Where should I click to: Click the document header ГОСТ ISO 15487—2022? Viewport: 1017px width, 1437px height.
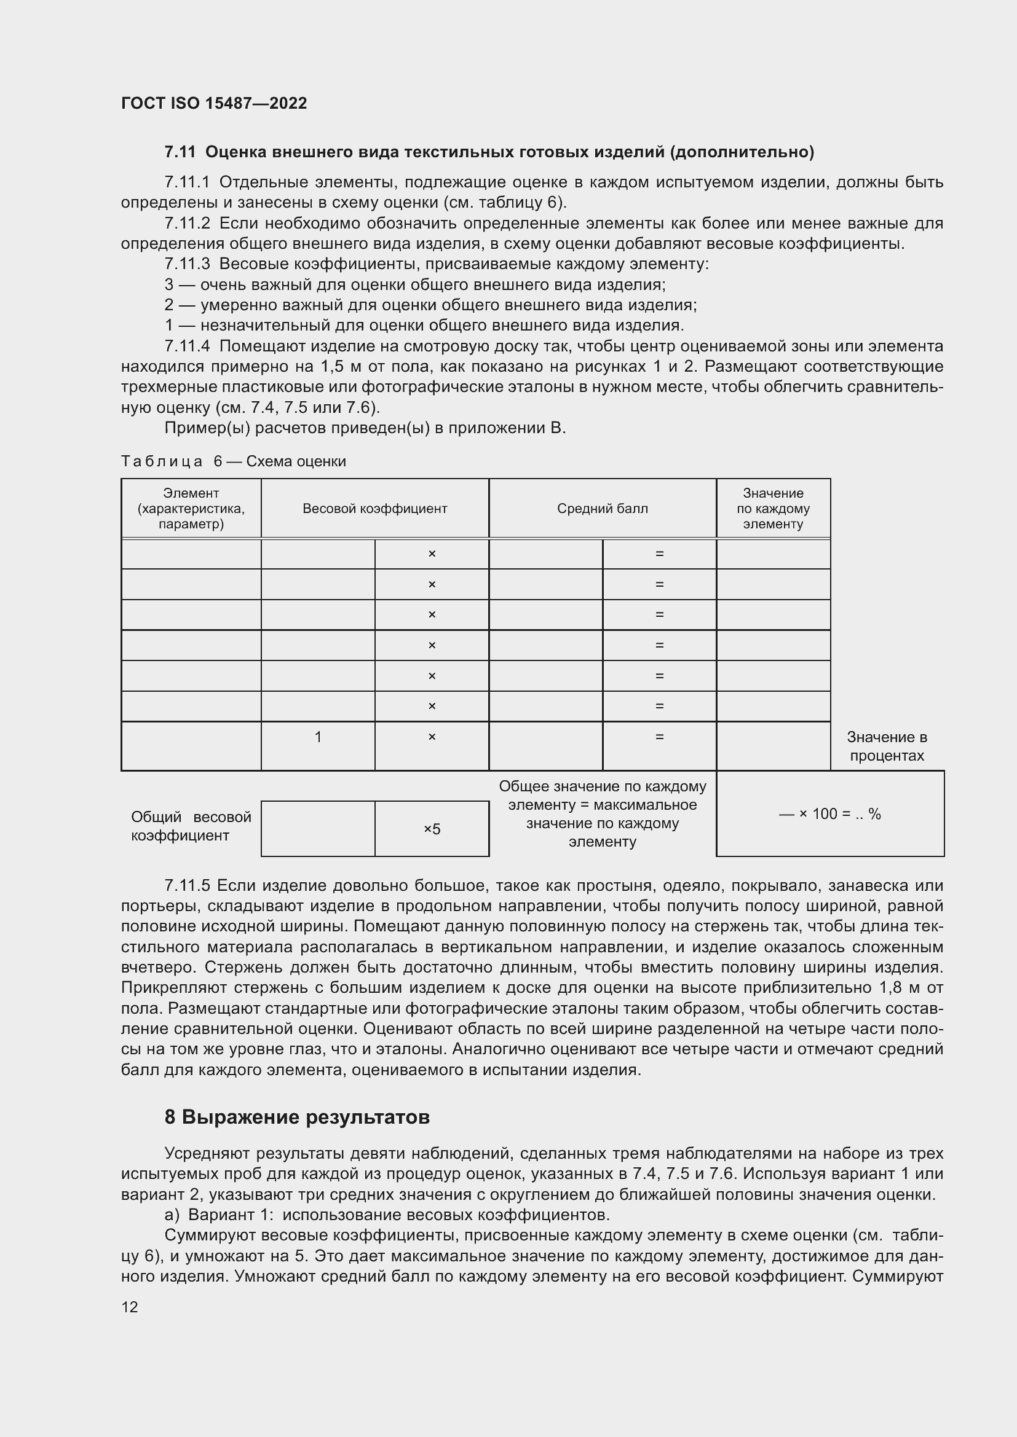click(x=214, y=103)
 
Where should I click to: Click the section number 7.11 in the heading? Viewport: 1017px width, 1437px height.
click(x=180, y=152)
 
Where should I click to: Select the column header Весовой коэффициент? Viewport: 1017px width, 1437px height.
click(x=374, y=508)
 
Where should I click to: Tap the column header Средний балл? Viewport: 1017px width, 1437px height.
click(x=603, y=508)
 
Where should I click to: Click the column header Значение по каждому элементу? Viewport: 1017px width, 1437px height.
click(x=773, y=508)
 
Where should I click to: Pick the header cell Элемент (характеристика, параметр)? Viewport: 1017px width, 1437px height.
click(x=191, y=508)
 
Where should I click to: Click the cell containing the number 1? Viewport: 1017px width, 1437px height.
click(x=318, y=737)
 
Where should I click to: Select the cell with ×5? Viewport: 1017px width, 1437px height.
click(x=432, y=829)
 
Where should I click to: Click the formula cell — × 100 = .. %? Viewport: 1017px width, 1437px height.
click(x=829, y=813)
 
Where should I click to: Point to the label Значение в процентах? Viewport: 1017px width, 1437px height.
click(x=887, y=746)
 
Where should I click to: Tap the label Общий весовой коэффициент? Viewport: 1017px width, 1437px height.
click(x=191, y=826)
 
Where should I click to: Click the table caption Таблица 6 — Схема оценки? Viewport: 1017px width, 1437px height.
click(x=233, y=461)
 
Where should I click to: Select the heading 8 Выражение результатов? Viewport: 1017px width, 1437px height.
click(x=297, y=1117)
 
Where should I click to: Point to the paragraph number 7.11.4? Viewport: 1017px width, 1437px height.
click(x=187, y=346)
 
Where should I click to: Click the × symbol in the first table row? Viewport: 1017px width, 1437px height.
click(x=432, y=554)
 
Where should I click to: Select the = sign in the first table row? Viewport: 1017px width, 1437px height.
click(x=659, y=554)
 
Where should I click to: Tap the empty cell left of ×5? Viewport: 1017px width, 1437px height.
click(x=318, y=829)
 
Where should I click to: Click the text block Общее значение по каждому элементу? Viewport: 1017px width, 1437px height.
click(x=603, y=813)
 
